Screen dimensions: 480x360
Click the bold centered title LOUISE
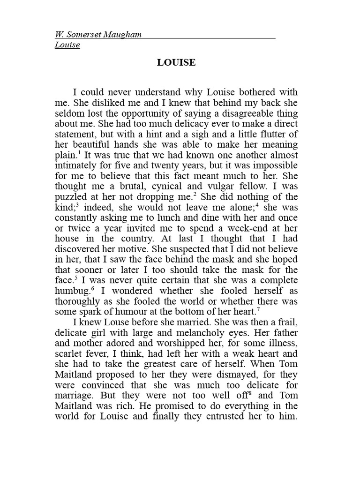(176, 62)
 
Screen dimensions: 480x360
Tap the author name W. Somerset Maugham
(98, 34)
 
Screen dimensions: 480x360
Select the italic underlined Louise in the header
(67, 45)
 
